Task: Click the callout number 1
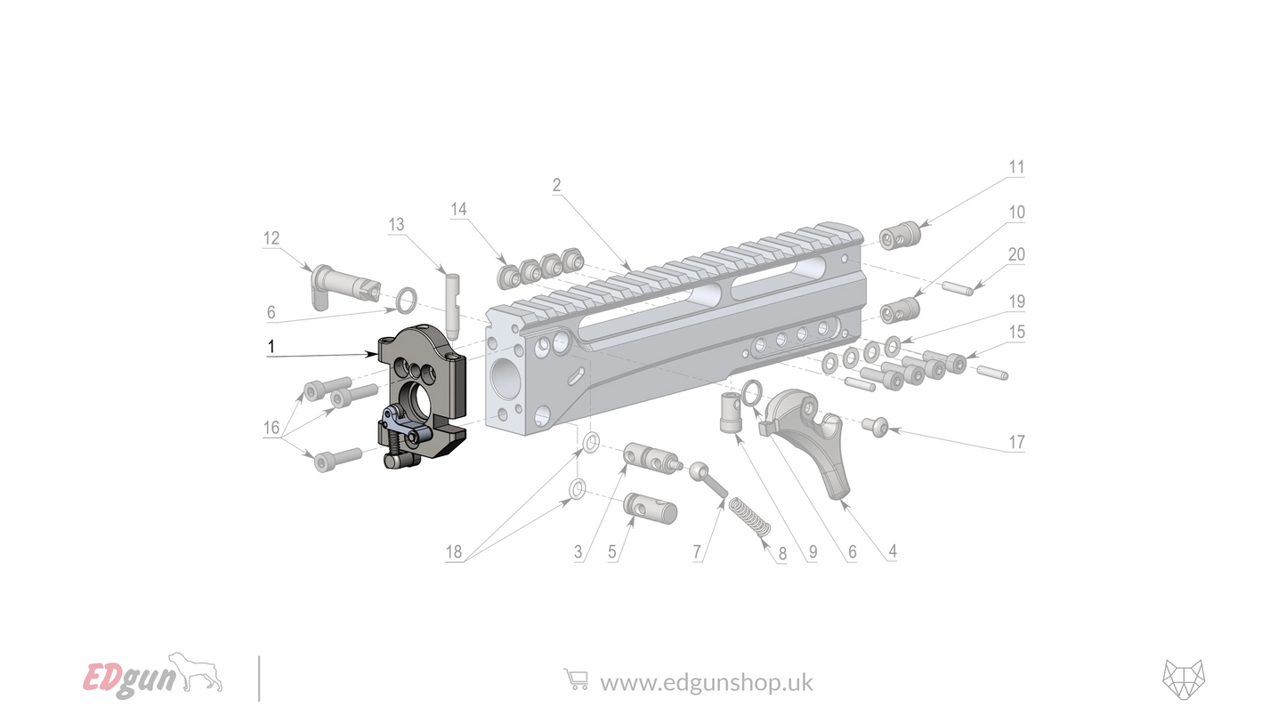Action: (271, 347)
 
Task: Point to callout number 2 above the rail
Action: (556, 185)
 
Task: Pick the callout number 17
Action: (1015, 442)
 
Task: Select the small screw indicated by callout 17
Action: (874, 428)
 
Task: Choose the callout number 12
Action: (271, 237)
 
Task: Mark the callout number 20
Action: (1015, 254)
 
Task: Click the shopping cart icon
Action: (576, 680)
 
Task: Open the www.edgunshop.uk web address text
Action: (706, 682)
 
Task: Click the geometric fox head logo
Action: (1183, 680)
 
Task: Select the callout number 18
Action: (454, 552)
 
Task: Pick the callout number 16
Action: (271, 428)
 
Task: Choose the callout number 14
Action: (458, 209)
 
